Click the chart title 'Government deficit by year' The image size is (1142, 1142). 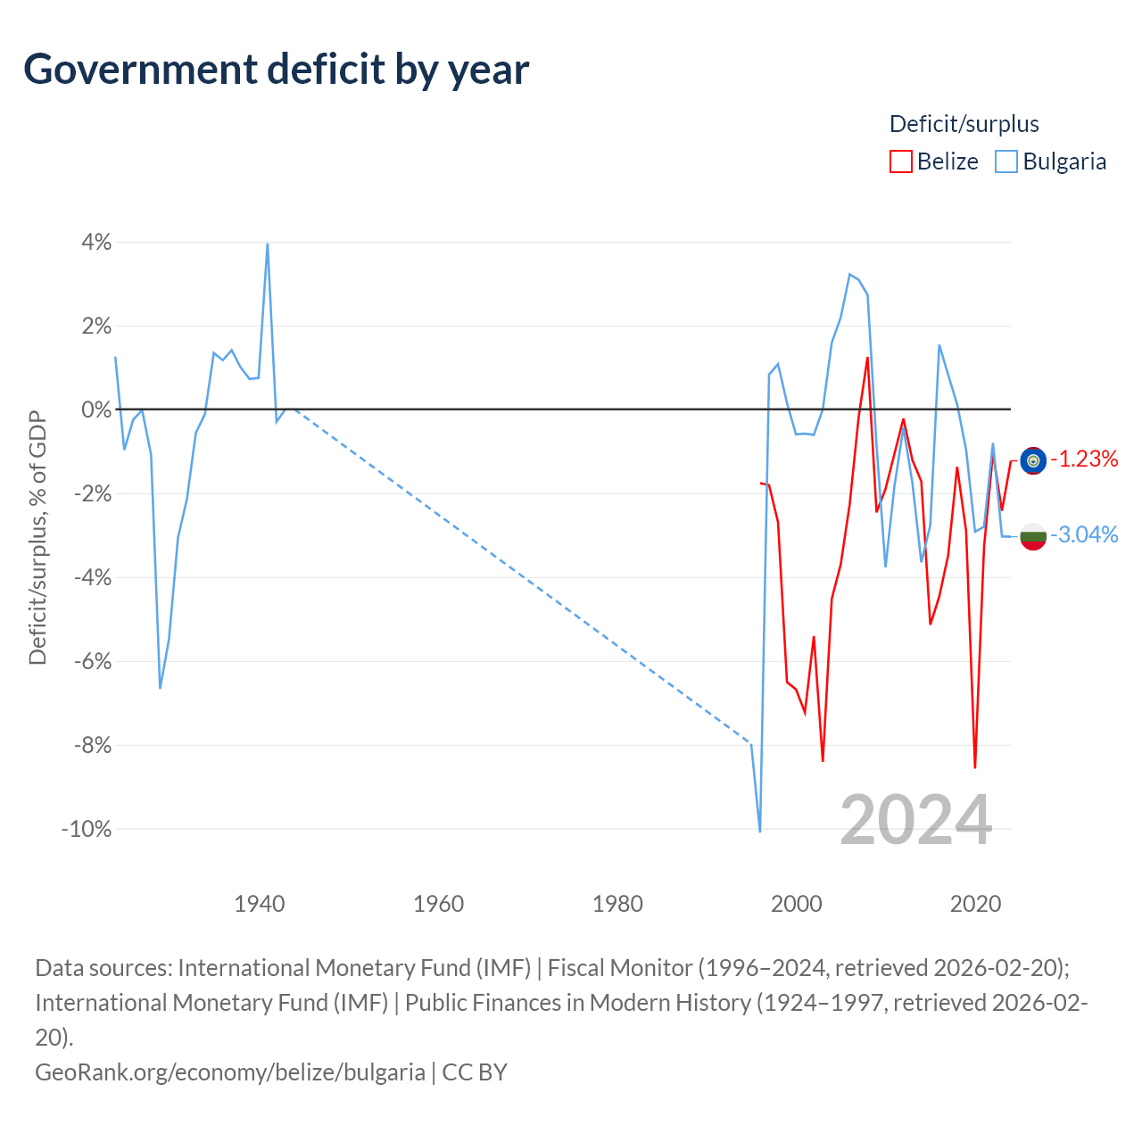point(276,70)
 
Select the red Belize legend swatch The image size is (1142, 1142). point(901,161)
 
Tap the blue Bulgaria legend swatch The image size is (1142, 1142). point(1006,161)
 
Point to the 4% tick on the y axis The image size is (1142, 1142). point(96,242)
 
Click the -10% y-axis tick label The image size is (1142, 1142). point(87,829)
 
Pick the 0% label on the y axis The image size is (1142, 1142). point(96,410)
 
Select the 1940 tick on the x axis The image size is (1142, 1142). point(260,905)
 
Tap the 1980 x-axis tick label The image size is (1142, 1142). point(617,905)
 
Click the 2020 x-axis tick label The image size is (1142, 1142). point(975,905)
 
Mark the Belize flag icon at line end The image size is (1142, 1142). point(1033,460)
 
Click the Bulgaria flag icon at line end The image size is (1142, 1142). point(1033,537)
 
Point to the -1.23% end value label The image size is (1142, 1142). point(1085,459)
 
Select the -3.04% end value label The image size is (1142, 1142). point(1085,535)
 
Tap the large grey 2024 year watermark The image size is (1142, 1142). point(916,821)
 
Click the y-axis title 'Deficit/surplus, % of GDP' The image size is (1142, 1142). point(38,537)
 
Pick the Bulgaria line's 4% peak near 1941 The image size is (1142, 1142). point(268,244)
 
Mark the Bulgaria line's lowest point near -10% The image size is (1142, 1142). point(760,832)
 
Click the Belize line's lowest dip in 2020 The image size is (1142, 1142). point(975,767)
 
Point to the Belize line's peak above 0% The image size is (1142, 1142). point(867,358)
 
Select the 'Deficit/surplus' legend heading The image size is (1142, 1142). point(964,124)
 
